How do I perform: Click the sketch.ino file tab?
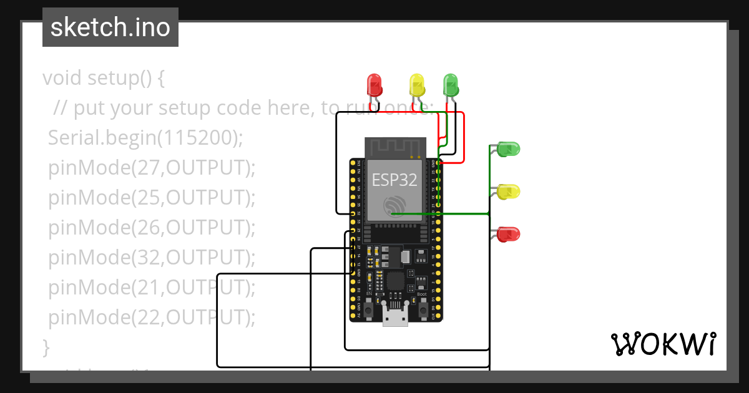pyautogui.click(x=110, y=27)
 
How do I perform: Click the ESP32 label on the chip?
pyautogui.click(x=394, y=180)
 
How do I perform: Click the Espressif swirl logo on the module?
pyautogui.click(x=395, y=206)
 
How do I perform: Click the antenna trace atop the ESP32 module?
pyautogui.click(x=395, y=147)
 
